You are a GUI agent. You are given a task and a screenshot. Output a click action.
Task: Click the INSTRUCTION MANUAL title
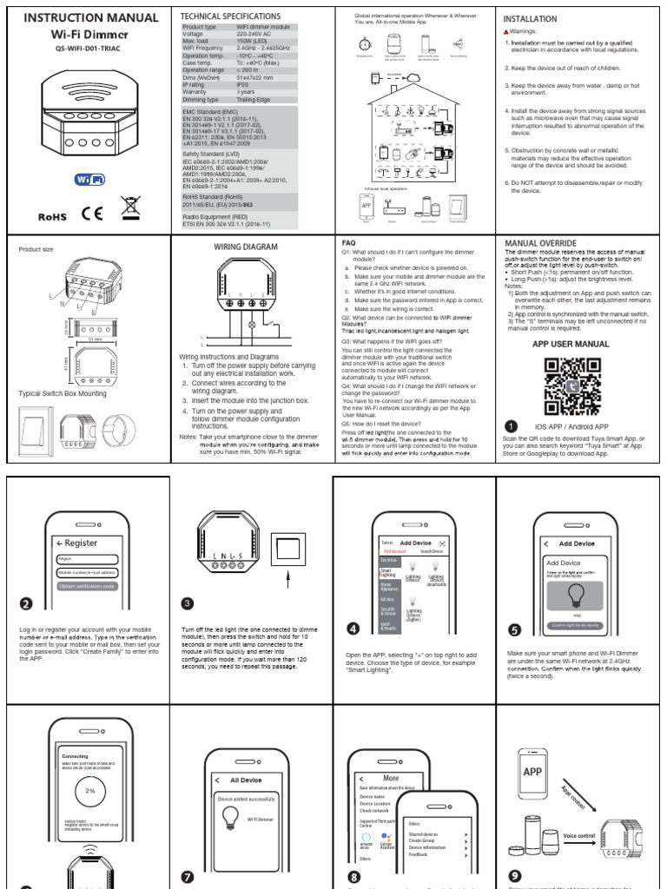click(90, 17)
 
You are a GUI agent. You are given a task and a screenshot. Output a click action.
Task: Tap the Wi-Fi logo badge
click(90, 179)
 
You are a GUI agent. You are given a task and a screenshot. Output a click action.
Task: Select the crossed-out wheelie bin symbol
click(131, 207)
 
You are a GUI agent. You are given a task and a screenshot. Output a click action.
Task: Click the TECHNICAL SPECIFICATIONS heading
click(229, 16)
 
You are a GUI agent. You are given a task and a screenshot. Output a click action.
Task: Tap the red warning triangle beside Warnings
click(507, 31)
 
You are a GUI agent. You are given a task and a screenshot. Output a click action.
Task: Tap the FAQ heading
click(348, 242)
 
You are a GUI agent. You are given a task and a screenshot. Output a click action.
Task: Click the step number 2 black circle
click(27, 605)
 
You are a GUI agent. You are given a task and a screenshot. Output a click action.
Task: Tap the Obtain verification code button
click(87, 586)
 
